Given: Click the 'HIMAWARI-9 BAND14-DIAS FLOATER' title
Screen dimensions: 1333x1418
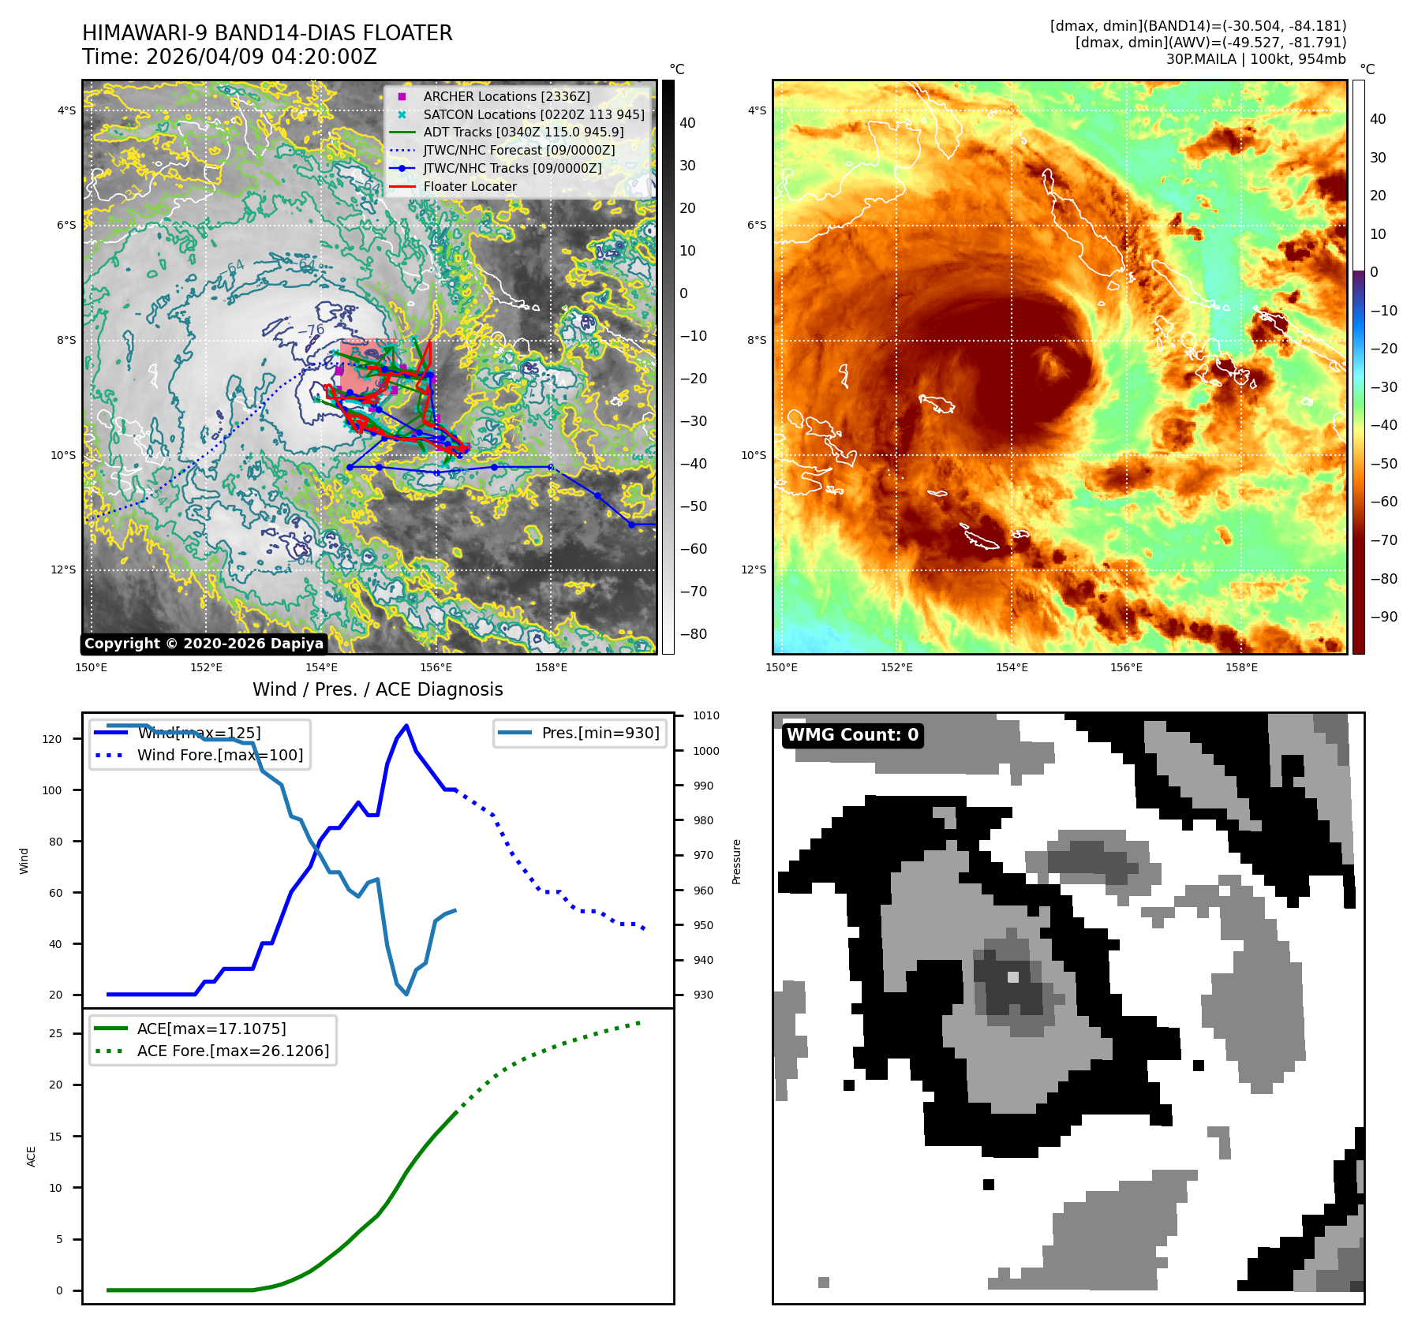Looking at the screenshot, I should click(268, 33).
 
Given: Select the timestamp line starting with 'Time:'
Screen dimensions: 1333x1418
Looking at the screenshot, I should click(230, 57).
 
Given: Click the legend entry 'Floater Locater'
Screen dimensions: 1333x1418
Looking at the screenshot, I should click(470, 186).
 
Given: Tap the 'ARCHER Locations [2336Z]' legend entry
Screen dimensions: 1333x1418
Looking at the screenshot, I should click(506, 96).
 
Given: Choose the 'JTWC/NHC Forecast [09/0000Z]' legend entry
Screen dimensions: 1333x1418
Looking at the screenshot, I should click(518, 150).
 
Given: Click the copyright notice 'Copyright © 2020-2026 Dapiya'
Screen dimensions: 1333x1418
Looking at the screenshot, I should click(204, 644).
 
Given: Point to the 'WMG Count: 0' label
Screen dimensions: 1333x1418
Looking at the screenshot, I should click(852, 735).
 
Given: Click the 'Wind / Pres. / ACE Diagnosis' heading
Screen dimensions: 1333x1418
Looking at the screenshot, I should click(377, 689).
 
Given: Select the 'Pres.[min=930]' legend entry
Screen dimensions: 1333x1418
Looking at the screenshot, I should click(600, 733).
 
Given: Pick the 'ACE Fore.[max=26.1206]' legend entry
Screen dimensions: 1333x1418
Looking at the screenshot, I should click(233, 1051).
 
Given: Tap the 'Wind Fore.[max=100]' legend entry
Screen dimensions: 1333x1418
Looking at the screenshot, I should click(219, 755).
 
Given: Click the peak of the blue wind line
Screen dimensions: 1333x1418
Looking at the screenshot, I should click(406, 726).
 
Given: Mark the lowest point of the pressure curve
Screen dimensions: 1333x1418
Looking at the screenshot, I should click(406, 994).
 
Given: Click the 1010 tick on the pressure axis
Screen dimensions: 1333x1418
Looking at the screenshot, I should click(705, 715).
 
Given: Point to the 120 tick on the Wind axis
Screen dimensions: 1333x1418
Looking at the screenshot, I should click(52, 739).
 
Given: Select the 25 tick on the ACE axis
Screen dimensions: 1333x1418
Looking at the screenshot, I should click(55, 1033).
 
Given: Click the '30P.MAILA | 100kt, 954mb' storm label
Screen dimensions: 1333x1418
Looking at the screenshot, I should click(1255, 59).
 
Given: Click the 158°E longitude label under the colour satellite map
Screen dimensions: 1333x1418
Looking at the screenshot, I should click(1241, 668).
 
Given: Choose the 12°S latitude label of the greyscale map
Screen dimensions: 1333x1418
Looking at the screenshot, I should click(64, 569).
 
